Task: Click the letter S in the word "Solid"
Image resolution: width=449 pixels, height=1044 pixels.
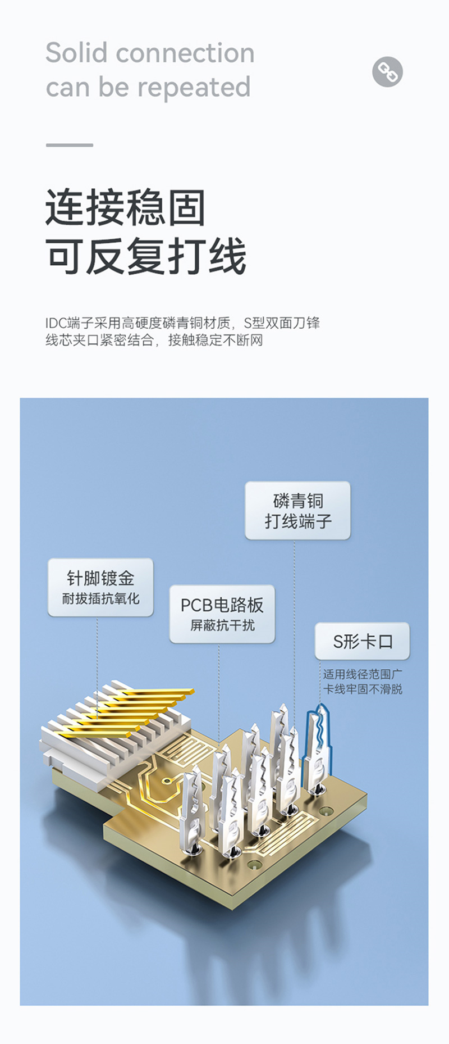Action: (54, 53)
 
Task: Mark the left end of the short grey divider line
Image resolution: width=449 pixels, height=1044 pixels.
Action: (46, 145)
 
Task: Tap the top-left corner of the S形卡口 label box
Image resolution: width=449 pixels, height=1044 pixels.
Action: (315, 623)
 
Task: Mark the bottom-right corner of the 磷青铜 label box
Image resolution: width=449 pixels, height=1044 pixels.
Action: (350, 539)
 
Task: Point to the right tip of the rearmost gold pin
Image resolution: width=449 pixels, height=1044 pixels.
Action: (194, 691)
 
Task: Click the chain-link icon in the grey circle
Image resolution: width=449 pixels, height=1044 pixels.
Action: (387, 71)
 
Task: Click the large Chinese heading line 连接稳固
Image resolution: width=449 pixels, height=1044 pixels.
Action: (126, 207)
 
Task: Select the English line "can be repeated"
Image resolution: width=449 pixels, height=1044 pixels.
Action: (148, 88)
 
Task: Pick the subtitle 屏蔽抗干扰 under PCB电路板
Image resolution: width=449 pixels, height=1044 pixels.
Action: (222, 625)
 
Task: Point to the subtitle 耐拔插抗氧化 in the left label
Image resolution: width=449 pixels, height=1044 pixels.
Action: (100, 598)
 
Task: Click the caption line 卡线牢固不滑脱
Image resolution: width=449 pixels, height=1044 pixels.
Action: (363, 689)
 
